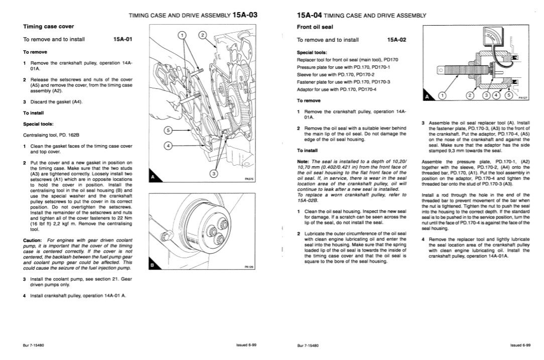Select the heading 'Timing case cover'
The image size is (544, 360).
pos(49,26)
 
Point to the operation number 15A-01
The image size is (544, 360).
pos(123,39)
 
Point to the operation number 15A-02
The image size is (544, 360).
pos(396,39)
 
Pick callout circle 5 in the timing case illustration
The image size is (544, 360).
pos(169,130)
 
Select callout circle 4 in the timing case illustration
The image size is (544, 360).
pos(169,145)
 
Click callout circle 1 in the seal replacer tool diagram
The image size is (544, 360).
pos(442,95)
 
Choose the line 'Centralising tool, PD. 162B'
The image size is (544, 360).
pos(52,135)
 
